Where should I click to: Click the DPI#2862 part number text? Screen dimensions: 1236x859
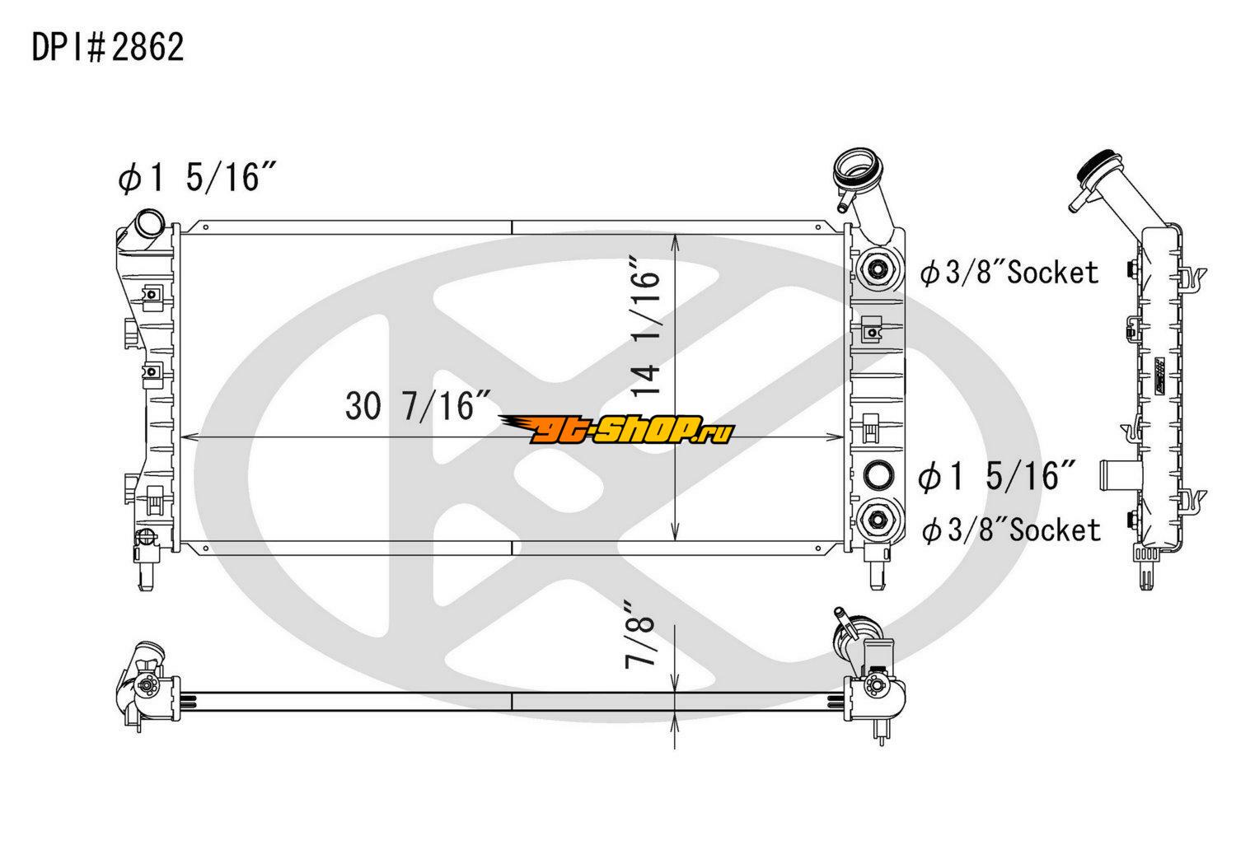[108, 48]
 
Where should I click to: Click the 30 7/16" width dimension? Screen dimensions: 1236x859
[418, 406]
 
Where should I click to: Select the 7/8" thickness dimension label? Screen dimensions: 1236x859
[640, 635]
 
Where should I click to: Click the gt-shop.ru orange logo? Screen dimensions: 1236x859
[617, 430]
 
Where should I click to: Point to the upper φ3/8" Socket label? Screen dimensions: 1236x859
[1009, 273]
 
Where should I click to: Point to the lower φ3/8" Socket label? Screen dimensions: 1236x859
[1011, 530]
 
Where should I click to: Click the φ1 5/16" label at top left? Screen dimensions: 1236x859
[196, 177]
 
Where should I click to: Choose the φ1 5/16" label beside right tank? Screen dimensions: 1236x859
[997, 476]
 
